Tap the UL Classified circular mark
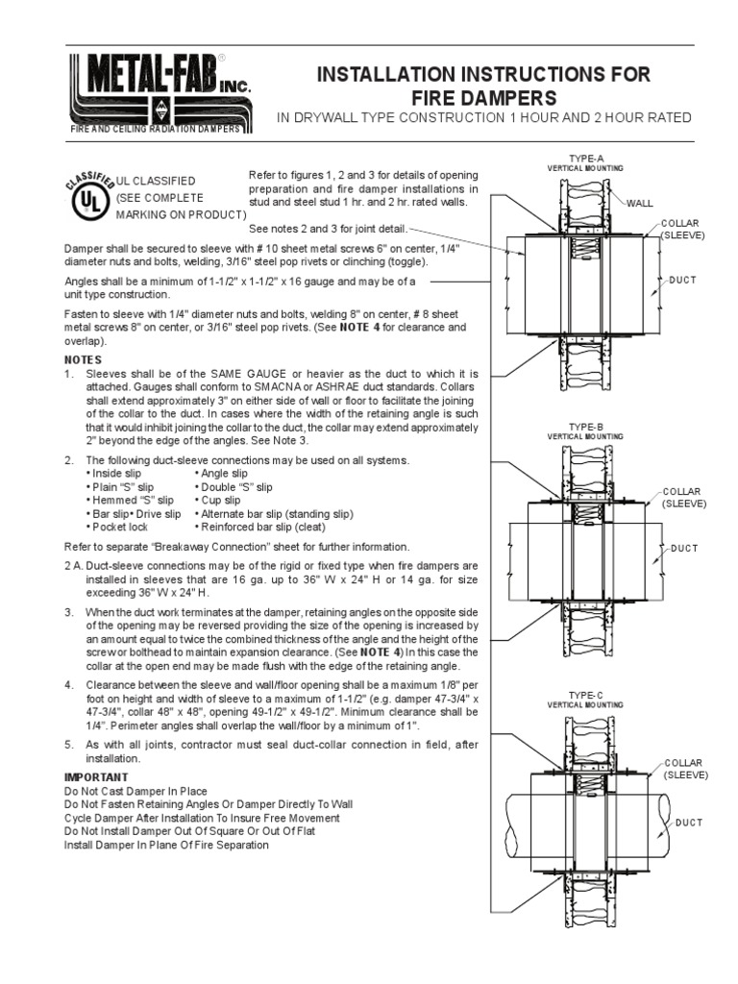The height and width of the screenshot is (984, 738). pos(89,199)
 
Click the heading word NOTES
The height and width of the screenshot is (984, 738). pos(83,358)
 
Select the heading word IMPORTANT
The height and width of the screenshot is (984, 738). pos(96,776)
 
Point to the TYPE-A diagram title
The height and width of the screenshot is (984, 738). pos(585,159)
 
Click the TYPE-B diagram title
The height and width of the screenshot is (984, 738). pos(585,426)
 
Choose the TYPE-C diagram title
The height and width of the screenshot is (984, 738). pos(585,695)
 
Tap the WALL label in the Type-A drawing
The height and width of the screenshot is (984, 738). pos(640,204)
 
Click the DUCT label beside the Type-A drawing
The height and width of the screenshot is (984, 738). pos(683,280)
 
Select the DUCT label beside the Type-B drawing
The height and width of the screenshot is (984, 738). pos(683,548)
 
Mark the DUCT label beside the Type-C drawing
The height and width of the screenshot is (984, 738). pos(689,823)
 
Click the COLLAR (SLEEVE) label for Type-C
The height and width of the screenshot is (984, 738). pos(685,768)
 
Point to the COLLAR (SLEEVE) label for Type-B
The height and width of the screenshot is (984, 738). pos(684,497)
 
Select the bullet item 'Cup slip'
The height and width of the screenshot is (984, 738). pos(220,501)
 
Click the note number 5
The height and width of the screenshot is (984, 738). pos(68,745)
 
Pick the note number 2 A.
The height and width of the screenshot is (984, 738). pos(73,567)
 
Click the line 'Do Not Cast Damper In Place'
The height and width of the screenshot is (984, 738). pos(135,791)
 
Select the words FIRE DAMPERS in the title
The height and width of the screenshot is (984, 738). pos(483,97)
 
